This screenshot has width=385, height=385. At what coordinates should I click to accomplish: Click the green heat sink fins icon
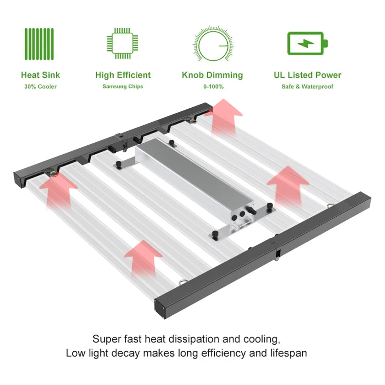(39, 44)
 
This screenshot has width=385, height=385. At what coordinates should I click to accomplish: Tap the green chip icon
(122, 43)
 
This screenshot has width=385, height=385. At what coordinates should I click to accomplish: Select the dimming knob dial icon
(213, 44)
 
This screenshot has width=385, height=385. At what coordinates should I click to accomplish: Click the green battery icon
(307, 43)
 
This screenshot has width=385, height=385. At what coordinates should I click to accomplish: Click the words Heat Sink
(40, 75)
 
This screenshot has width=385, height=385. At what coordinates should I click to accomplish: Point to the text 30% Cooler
(40, 87)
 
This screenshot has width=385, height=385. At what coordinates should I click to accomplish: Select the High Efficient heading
(123, 75)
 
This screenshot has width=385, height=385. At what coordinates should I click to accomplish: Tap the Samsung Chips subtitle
(123, 87)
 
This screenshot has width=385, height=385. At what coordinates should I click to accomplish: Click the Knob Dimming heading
(212, 75)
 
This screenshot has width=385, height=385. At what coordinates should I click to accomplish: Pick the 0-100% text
(213, 87)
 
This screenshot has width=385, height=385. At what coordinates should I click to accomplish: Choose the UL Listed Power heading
(307, 75)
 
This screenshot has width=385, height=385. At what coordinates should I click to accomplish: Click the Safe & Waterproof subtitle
(307, 87)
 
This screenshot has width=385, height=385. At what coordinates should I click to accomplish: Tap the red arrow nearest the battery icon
(223, 117)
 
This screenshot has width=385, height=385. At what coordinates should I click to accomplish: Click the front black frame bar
(263, 255)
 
